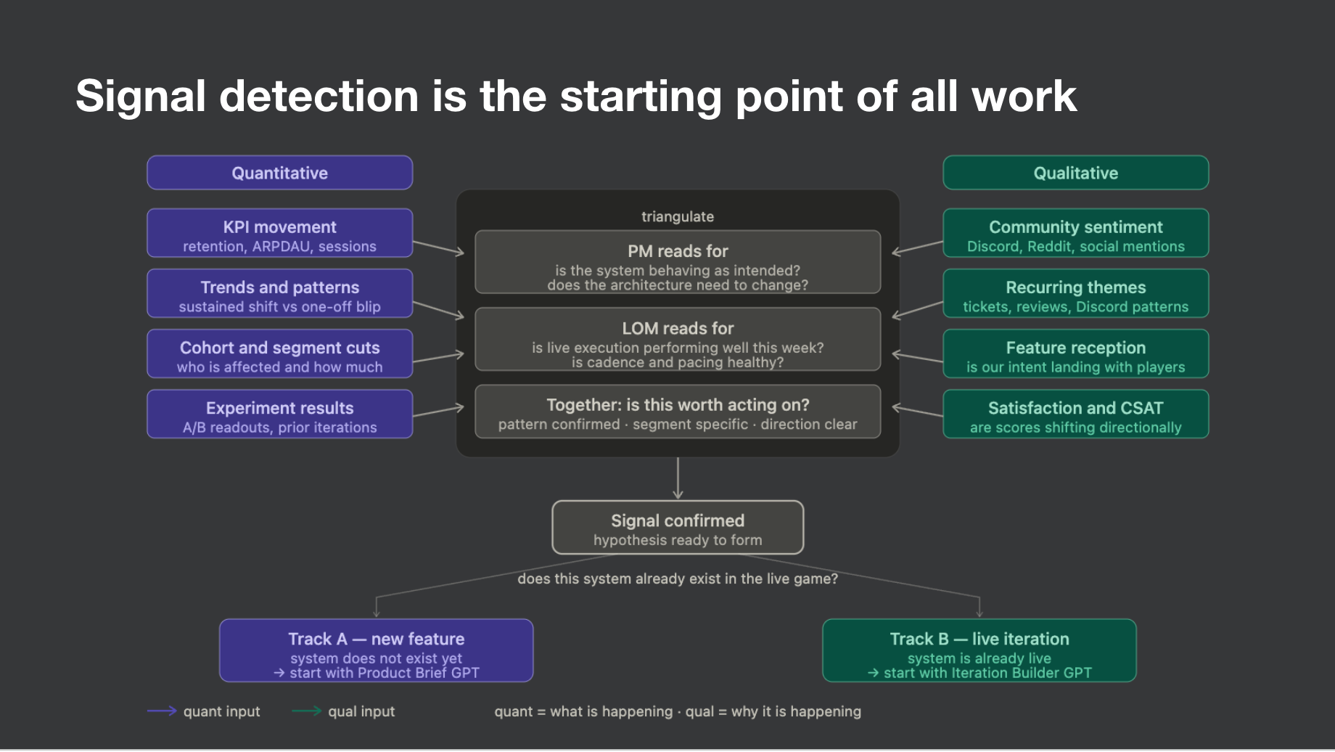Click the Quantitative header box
279,173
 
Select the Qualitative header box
1075,173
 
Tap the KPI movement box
279,234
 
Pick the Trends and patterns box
279,294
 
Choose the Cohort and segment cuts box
279,354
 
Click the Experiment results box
279,414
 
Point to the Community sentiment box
1075,234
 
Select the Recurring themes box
1075,294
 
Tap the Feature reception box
1075,354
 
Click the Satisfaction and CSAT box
1075,414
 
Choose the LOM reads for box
678,340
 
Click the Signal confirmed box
678,528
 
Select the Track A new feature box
376,651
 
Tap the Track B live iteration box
979,651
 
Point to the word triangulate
678,216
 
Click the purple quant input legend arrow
162,711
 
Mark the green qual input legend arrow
306,711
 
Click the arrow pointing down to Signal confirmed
678,479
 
